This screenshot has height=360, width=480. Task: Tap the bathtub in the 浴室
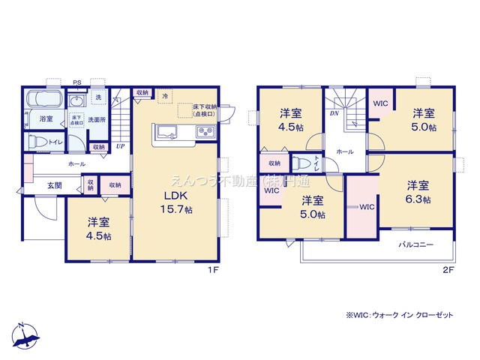tap(46, 100)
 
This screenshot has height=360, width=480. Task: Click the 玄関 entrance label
tap(45, 184)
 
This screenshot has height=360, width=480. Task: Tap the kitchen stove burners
tap(205, 133)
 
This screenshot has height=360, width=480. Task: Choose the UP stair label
tap(120, 145)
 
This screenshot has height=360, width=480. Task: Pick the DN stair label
tap(332, 114)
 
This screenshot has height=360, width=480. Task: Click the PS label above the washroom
tap(76, 82)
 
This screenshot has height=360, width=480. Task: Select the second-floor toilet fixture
tap(301, 163)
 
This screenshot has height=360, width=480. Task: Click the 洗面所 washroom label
tap(96, 119)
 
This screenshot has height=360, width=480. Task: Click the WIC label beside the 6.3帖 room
tap(367, 206)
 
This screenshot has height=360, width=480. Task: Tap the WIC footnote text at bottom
tap(400, 316)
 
